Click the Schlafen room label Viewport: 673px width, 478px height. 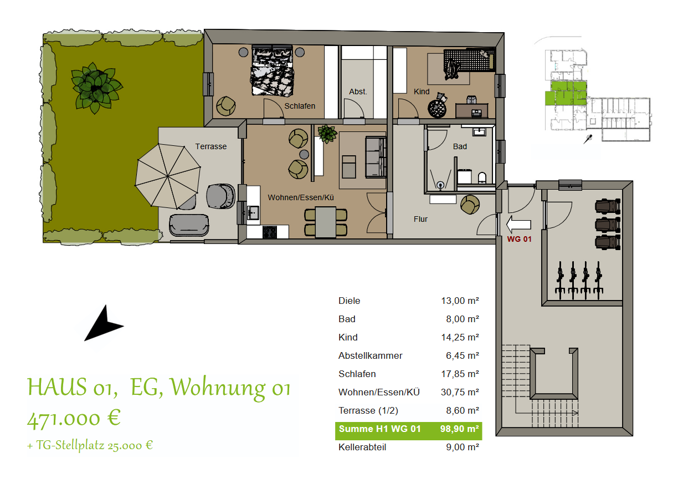coord(300,106)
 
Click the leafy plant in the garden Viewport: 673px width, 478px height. coord(96,88)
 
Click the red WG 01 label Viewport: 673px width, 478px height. coord(519,239)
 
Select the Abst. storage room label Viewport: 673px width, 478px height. coord(358,91)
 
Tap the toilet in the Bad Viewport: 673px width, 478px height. coord(481,177)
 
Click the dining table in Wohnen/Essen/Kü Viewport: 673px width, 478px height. coord(325,221)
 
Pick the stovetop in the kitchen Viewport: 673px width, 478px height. coord(270,232)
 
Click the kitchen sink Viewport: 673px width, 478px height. coord(254,212)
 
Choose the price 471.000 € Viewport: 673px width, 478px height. coord(74,418)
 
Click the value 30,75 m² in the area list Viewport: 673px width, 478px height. coord(459,392)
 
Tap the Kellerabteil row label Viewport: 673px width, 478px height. coord(362,447)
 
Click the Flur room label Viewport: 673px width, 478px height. coord(420,219)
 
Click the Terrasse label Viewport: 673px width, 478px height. coord(210,146)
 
